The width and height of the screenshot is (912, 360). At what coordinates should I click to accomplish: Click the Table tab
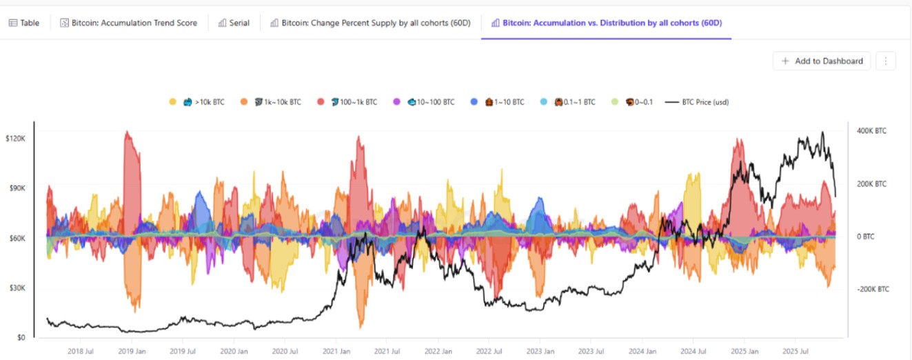(24, 23)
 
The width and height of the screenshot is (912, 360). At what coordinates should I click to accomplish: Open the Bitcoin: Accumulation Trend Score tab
(129, 23)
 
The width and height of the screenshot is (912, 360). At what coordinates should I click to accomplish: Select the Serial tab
(234, 23)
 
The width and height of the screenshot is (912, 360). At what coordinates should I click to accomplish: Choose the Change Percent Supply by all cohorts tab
(370, 23)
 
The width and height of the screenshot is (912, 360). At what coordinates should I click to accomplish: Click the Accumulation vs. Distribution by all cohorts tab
(606, 23)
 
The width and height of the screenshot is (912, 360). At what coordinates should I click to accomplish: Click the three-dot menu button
(885, 61)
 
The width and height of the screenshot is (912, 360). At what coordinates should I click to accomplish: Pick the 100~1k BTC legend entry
(353, 102)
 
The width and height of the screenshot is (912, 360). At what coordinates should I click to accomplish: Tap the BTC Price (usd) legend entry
(697, 102)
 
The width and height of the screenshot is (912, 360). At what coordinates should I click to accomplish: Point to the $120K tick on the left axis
(15, 139)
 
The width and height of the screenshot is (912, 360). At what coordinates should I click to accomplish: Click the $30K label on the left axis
(17, 288)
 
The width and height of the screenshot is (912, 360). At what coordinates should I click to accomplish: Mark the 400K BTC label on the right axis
(871, 131)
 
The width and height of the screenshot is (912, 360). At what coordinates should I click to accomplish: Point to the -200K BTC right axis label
(873, 290)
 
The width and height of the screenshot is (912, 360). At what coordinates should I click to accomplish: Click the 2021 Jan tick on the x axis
(335, 350)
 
